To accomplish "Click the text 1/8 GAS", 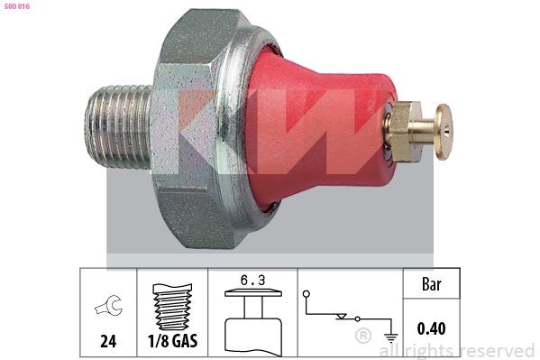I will click(172, 343).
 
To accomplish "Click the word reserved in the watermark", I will click(496, 350).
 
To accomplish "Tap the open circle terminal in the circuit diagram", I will click(307, 294).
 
